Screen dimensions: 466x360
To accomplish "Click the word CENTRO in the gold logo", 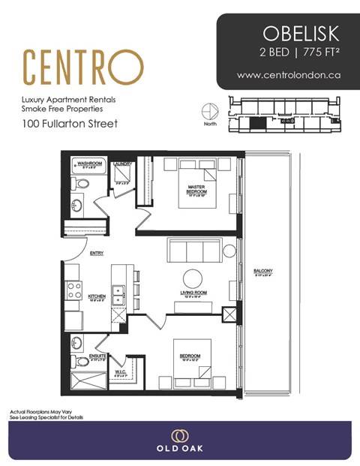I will tap(82, 67).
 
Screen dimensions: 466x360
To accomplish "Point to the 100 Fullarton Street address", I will tap(69, 123).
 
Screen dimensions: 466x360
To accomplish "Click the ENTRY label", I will tap(96, 254).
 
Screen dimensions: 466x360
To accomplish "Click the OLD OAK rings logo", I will tap(179, 436).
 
